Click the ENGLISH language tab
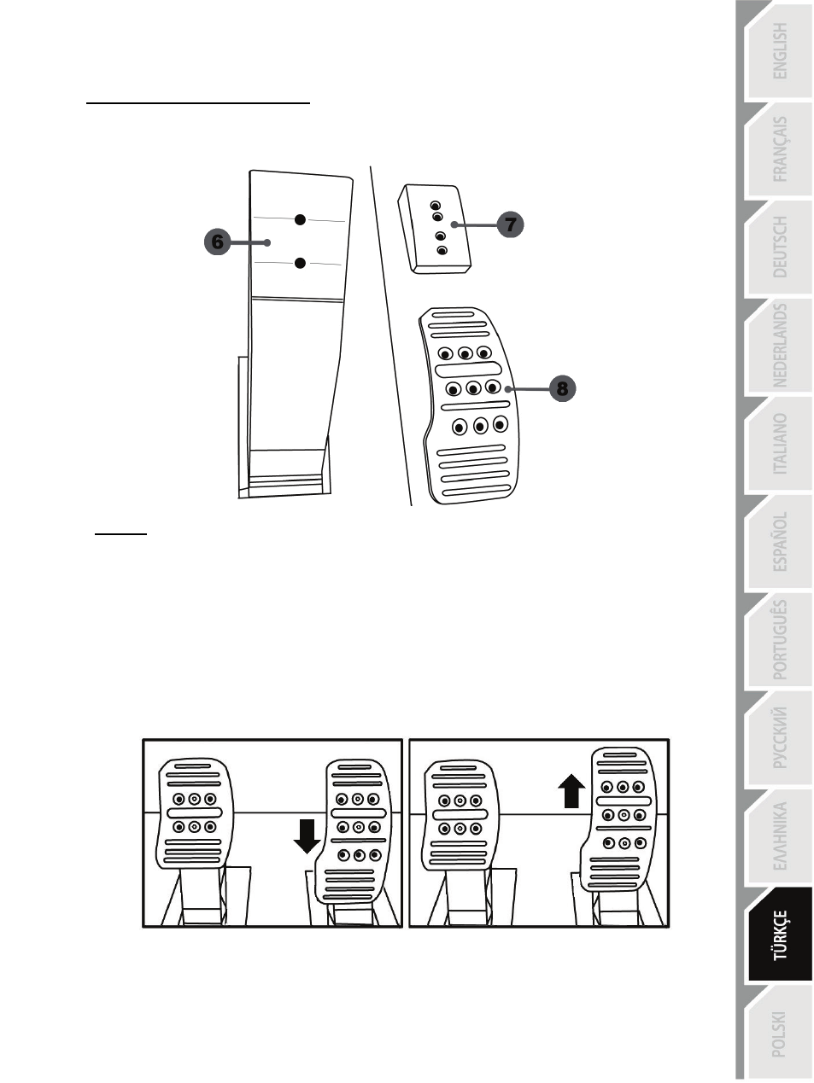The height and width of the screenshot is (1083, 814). coord(780,51)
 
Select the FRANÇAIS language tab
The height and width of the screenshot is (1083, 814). coord(780,149)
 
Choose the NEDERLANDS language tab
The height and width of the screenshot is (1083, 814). coord(780,346)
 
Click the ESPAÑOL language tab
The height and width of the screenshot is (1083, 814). coord(780,542)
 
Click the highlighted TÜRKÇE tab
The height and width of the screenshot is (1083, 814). coord(780,935)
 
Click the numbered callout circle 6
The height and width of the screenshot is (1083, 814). coord(217,242)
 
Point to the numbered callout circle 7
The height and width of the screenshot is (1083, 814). coord(510,224)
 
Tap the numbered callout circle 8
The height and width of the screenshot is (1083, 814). coord(562,388)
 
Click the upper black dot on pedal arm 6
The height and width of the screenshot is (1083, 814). coord(300,219)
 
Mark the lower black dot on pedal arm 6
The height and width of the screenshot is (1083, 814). coord(300,263)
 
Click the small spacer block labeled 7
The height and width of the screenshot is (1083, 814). coord(435,229)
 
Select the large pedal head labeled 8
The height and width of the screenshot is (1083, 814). coord(469,405)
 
